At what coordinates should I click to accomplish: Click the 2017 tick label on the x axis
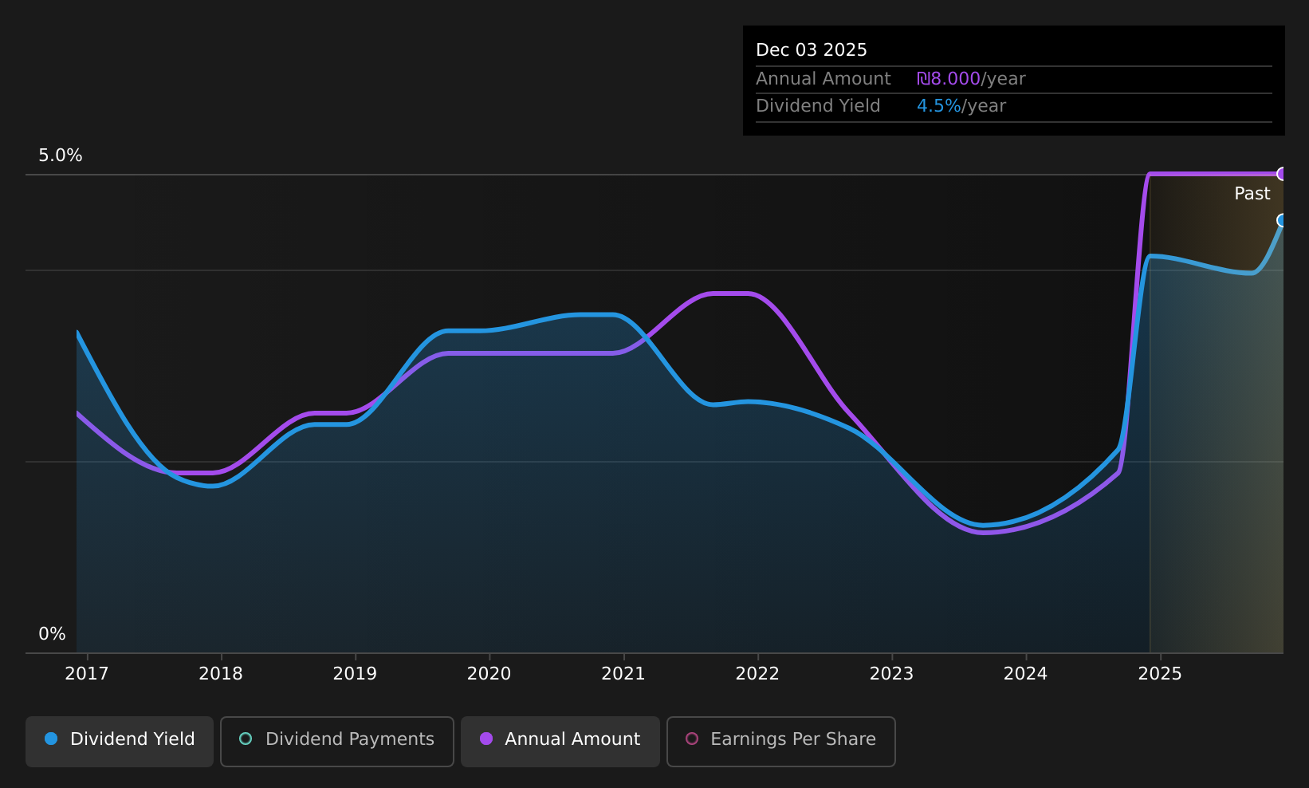86,674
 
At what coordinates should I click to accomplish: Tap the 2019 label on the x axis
355,674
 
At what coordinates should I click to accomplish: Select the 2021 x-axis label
623,674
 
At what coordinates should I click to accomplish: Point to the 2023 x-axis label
891,674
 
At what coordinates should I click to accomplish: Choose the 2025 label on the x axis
1160,674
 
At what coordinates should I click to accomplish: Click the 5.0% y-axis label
61,156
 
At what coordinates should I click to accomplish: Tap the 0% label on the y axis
52,634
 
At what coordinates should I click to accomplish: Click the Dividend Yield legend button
120,741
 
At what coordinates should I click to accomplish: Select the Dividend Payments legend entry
336,741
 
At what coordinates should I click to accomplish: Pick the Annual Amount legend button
560,741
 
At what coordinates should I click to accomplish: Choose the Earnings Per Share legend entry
780,741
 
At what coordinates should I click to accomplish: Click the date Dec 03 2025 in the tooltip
811,50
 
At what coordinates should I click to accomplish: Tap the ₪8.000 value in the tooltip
948,79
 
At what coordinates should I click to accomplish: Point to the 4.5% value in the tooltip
938,106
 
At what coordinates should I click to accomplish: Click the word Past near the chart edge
1252,194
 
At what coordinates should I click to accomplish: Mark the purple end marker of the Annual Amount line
1282,174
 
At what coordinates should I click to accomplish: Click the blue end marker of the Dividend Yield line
1282,220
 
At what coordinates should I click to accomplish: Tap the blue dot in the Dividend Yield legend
51,739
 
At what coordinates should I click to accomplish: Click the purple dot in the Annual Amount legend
485,739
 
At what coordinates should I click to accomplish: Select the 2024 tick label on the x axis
1025,674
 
